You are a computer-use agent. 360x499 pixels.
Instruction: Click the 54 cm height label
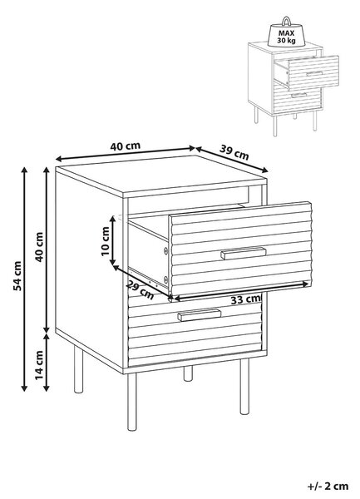pos(17,276)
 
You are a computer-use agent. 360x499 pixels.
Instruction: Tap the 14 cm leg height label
pos(39,365)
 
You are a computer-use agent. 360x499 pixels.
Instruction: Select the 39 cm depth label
pos(234,152)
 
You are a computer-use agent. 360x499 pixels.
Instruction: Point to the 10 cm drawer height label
pos(106,241)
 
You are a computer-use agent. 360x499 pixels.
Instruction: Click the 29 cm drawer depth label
pos(140,289)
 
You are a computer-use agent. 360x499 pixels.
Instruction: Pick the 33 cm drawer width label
pos(245,299)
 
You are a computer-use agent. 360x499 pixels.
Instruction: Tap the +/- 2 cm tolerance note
pos(328,487)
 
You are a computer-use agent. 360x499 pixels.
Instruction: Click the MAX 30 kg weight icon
pos(286,32)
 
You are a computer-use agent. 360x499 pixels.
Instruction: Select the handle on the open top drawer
pos(244,253)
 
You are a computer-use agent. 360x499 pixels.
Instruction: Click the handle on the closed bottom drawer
pos(199,314)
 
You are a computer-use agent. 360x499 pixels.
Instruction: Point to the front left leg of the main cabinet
pos(131,402)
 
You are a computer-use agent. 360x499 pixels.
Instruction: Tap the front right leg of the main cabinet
pos(244,387)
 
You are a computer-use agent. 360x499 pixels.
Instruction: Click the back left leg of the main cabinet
pos(78,369)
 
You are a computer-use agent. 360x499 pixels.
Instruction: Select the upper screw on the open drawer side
pos(165,251)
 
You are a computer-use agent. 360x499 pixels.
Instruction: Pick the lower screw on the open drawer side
pos(165,279)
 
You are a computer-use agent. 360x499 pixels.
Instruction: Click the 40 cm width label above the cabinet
pos(126,146)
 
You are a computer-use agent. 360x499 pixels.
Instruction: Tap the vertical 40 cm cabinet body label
pos(39,247)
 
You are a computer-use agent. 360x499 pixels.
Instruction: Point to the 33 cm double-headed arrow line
pos(239,291)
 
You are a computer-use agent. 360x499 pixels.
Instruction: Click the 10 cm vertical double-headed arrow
pos(112,240)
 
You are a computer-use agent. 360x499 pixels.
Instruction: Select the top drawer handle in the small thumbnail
pos(314,74)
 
